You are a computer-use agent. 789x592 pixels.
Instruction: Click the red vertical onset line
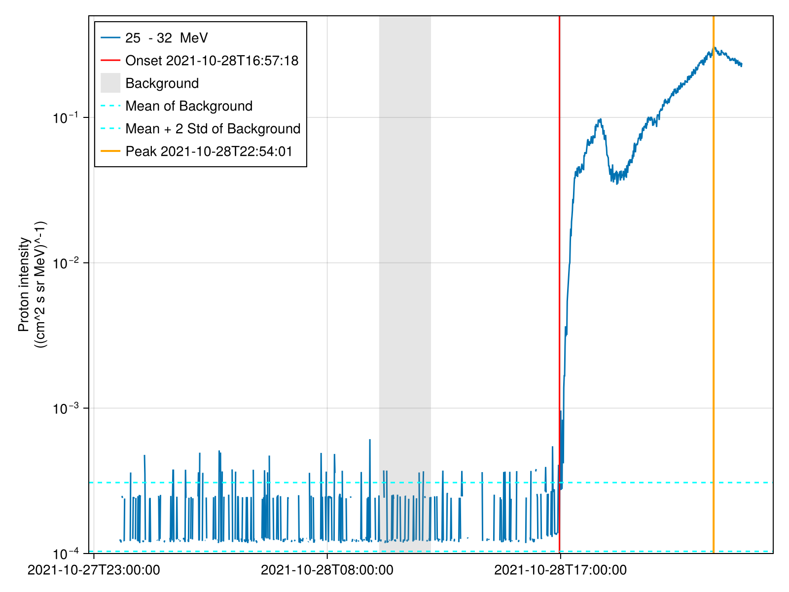[x=559, y=247]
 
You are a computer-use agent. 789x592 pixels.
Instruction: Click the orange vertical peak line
[x=713, y=296]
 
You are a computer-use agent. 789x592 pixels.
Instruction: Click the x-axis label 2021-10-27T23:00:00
[x=94, y=570]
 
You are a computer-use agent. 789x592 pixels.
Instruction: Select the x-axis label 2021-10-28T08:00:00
[x=327, y=570]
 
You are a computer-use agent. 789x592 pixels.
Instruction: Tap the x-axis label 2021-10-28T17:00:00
[x=560, y=570]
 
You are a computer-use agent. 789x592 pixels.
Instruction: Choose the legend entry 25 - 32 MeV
[x=166, y=38]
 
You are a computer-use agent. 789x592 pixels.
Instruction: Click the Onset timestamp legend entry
[x=212, y=61]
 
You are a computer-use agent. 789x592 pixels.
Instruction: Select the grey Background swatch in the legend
[x=110, y=83]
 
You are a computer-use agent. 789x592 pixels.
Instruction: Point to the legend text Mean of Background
[x=189, y=106]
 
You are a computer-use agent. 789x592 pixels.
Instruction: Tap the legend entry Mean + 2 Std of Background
[x=213, y=129]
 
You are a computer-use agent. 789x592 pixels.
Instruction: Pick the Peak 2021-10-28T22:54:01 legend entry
[x=209, y=151]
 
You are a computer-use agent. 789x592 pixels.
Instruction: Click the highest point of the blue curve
[x=715, y=48]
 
